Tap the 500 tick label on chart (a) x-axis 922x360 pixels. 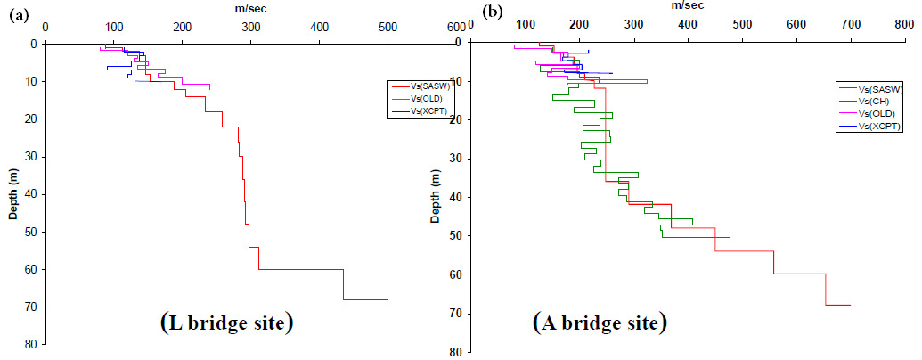(x=388, y=29)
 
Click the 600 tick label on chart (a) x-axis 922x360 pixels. (x=456, y=29)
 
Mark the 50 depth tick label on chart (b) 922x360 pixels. (x=455, y=236)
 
